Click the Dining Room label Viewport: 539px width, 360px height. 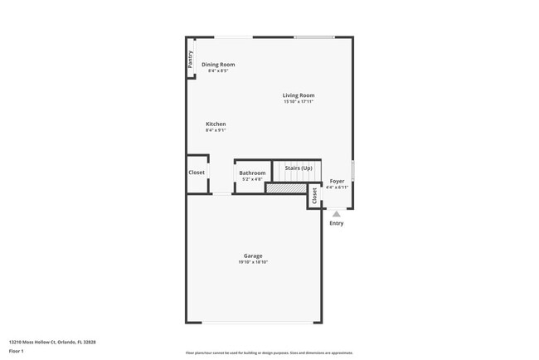pyautogui.click(x=218, y=65)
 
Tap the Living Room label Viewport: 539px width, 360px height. pyautogui.click(x=299, y=95)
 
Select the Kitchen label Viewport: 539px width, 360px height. pyautogui.click(x=216, y=124)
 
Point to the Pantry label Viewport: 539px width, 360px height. pyautogui.click(x=190, y=59)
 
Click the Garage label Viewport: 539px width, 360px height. pyautogui.click(x=253, y=255)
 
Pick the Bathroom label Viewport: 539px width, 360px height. pyautogui.click(x=252, y=173)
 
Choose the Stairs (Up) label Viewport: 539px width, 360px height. pyautogui.click(x=299, y=168)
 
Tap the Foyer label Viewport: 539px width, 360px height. pyautogui.click(x=337, y=181)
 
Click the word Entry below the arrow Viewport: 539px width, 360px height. pyautogui.click(x=337, y=223)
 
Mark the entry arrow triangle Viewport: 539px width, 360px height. pyautogui.click(x=337, y=214)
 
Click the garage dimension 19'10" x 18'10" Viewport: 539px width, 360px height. pyautogui.click(x=253, y=262)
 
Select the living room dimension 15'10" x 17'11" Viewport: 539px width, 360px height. pyautogui.click(x=299, y=102)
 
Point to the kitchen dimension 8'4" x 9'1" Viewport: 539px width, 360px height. pyautogui.click(x=216, y=130)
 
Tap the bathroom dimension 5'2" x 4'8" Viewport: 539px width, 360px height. pyautogui.click(x=252, y=179)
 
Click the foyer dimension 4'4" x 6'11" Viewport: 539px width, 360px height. pyautogui.click(x=337, y=187)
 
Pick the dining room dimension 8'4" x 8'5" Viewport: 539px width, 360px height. pyautogui.click(x=218, y=71)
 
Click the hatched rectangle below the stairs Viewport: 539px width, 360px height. pyautogui.click(x=285, y=188)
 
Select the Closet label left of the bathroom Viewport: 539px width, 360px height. pyautogui.click(x=197, y=173)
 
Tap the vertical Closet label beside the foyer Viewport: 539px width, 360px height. pyautogui.click(x=314, y=196)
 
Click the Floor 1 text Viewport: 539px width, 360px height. pyautogui.click(x=17, y=352)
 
